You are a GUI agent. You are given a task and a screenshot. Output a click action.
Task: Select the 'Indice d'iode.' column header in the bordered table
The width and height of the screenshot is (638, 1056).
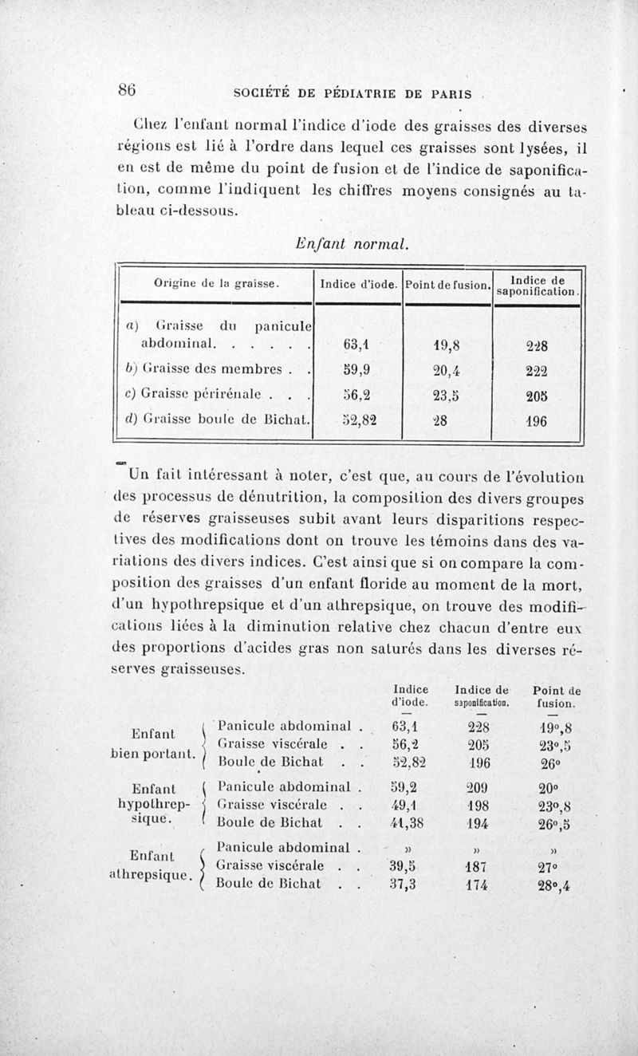(358, 284)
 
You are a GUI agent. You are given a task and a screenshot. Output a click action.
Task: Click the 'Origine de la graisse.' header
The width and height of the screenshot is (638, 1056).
(215, 283)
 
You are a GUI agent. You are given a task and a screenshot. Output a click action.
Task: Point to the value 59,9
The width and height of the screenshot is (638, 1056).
(354, 371)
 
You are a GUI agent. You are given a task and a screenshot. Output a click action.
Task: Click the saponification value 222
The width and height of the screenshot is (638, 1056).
(537, 371)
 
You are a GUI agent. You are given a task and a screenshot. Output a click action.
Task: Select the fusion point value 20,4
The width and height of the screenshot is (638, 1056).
(447, 371)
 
